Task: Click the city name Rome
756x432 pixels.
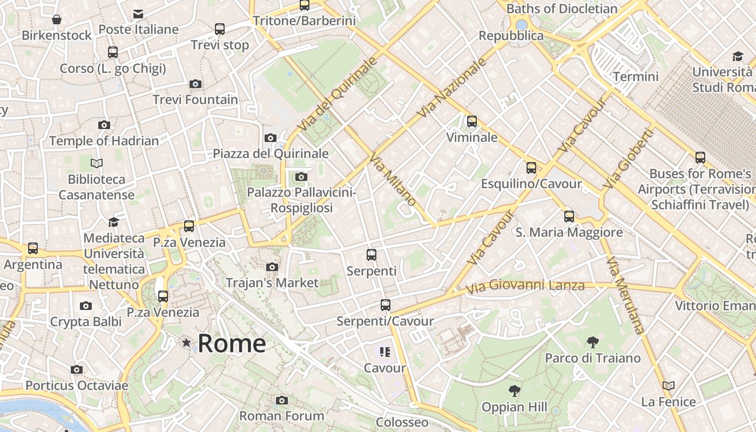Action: coord(232,343)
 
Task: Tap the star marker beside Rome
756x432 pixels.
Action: coord(186,342)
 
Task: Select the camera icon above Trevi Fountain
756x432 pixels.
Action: coord(195,84)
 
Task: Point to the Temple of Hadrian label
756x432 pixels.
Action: coord(104,141)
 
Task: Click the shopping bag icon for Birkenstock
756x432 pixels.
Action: coord(57,20)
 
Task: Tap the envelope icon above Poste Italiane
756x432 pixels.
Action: coord(138,13)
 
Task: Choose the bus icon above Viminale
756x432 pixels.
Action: coord(472,121)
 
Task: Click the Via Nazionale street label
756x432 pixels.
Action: coord(452,87)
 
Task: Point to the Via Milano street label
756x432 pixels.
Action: coord(393,178)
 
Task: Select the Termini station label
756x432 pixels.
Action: coord(636,76)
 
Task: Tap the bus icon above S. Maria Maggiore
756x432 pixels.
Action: coord(569,217)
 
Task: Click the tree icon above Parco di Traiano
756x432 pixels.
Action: coord(593,342)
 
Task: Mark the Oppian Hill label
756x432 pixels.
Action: coord(514,407)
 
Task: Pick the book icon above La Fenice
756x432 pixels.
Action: coord(669,386)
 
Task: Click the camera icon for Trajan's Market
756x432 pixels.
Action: coord(272,267)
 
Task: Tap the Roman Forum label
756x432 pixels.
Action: coord(282,415)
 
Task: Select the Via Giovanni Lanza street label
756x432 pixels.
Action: coord(525,286)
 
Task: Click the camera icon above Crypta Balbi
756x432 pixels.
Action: coord(85,306)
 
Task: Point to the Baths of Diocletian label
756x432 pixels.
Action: coord(562,9)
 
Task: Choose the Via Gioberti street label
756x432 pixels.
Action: coord(629,158)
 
